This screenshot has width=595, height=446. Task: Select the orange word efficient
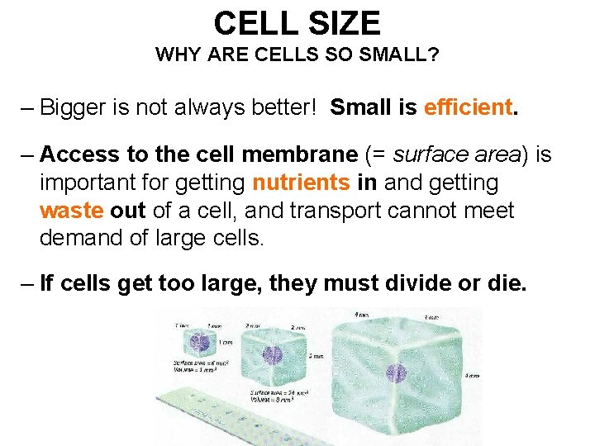click(x=468, y=107)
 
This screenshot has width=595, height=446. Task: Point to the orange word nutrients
click(x=302, y=182)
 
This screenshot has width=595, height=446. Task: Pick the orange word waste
click(x=71, y=210)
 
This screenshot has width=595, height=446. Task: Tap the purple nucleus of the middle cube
click(x=272, y=356)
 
